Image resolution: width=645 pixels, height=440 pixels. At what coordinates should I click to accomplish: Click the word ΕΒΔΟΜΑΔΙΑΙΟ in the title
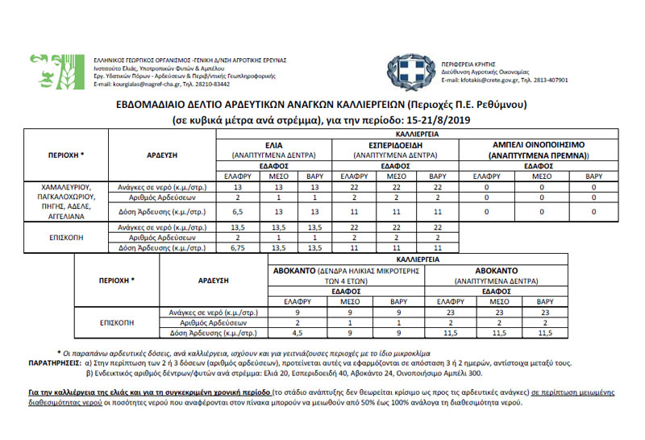(x=151, y=106)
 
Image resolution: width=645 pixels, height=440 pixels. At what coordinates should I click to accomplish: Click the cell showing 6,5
(x=238, y=211)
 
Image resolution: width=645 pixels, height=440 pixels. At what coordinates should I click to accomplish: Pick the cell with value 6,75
(x=238, y=249)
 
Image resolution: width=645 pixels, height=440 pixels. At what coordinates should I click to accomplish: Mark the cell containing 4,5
(x=298, y=332)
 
